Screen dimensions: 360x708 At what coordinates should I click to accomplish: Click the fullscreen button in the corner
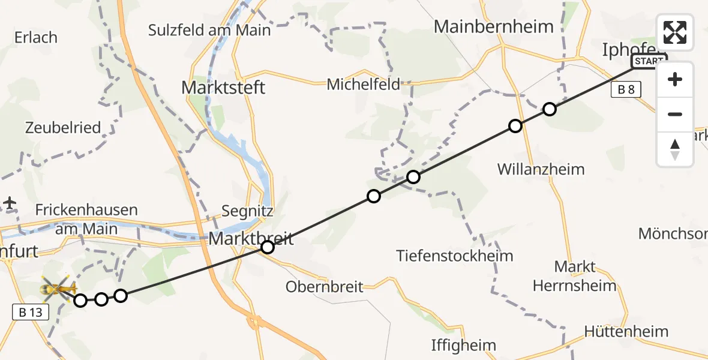[x=675, y=32]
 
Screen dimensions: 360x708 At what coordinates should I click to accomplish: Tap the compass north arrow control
[x=675, y=149]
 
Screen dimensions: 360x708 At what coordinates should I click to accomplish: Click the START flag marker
[x=649, y=62]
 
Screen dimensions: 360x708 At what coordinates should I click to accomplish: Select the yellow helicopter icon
[x=58, y=289]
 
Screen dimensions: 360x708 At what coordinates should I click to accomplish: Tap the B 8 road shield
[x=626, y=90]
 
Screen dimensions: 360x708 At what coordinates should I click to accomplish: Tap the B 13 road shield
[x=29, y=311]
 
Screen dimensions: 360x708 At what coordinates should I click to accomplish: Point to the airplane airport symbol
[x=10, y=203]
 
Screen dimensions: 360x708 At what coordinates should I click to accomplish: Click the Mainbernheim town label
[x=493, y=26]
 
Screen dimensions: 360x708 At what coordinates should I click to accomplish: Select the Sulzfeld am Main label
[x=209, y=29]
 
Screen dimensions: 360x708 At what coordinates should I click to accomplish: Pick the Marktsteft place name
[x=223, y=88]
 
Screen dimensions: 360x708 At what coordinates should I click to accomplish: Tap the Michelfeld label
[x=363, y=85]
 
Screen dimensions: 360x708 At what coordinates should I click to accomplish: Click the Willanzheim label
[x=541, y=169]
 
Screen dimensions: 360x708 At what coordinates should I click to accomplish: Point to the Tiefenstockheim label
[x=455, y=256]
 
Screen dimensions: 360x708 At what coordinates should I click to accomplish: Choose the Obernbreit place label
[x=325, y=286]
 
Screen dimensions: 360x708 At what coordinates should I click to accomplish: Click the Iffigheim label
[x=464, y=345]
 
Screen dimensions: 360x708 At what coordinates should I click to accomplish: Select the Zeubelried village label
[x=62, y=127]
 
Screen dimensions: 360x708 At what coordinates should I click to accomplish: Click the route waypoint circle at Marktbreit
[x=268, y=247]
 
